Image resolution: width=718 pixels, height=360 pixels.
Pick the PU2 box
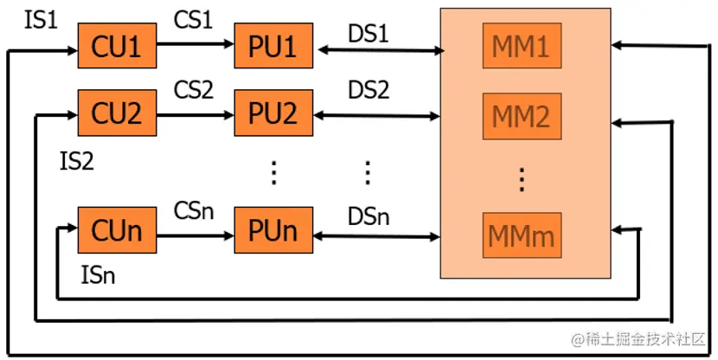click(x=272, y=112)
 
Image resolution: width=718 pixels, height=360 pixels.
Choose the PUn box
click(x=272, y=231)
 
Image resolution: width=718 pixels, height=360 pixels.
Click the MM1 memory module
click(x=522, y=48)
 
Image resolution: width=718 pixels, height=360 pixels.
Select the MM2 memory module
click(x=522, y=117)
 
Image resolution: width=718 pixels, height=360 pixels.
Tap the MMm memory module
click(x=522, y=234)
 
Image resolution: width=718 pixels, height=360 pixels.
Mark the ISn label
click(x=98, y=277)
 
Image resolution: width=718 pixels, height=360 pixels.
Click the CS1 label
click(x=193, y=19)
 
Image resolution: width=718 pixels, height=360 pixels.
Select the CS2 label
click(x=193, y=88)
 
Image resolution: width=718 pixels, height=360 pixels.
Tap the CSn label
click(x=193, y=209)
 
